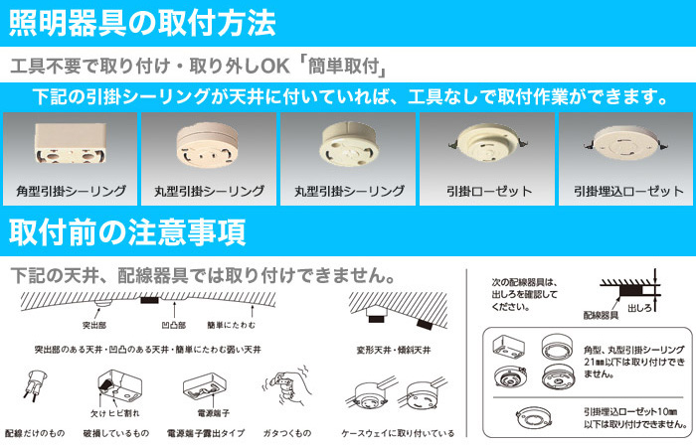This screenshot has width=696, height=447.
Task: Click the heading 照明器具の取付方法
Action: tap(142, 23)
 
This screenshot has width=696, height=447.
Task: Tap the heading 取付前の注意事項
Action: tap(127, 232)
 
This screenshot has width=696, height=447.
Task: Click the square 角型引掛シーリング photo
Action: tap(71, 143)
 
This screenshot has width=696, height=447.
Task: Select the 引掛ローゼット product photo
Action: tap(487, 143)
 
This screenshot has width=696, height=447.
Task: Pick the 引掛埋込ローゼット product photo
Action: tap(625, 143)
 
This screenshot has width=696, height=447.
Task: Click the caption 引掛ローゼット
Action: tap(489, 191)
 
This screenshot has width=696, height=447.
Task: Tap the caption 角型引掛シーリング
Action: tap(71, 191)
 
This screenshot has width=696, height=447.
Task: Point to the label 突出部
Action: tap(94, 325)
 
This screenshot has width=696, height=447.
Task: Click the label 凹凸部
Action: tap(173, 325)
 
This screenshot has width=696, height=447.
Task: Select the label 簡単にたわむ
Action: tap(232, 325)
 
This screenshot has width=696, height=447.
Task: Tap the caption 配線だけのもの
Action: tap(35, 433)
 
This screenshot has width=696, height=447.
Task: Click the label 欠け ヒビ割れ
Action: tap(115, 413)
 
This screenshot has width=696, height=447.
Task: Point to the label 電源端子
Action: tap(214, 413)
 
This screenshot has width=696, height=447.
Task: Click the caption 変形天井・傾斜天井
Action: tap(394, 350)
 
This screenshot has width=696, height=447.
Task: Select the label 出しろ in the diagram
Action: tap(639, 308)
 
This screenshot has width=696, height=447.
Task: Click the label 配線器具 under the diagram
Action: tap(601, 315)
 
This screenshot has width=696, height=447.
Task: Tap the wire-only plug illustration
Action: tap(35, 384)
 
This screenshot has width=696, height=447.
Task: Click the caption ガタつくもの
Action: tap(286, 433)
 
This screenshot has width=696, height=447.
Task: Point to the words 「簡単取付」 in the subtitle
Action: tap(341, 67)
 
